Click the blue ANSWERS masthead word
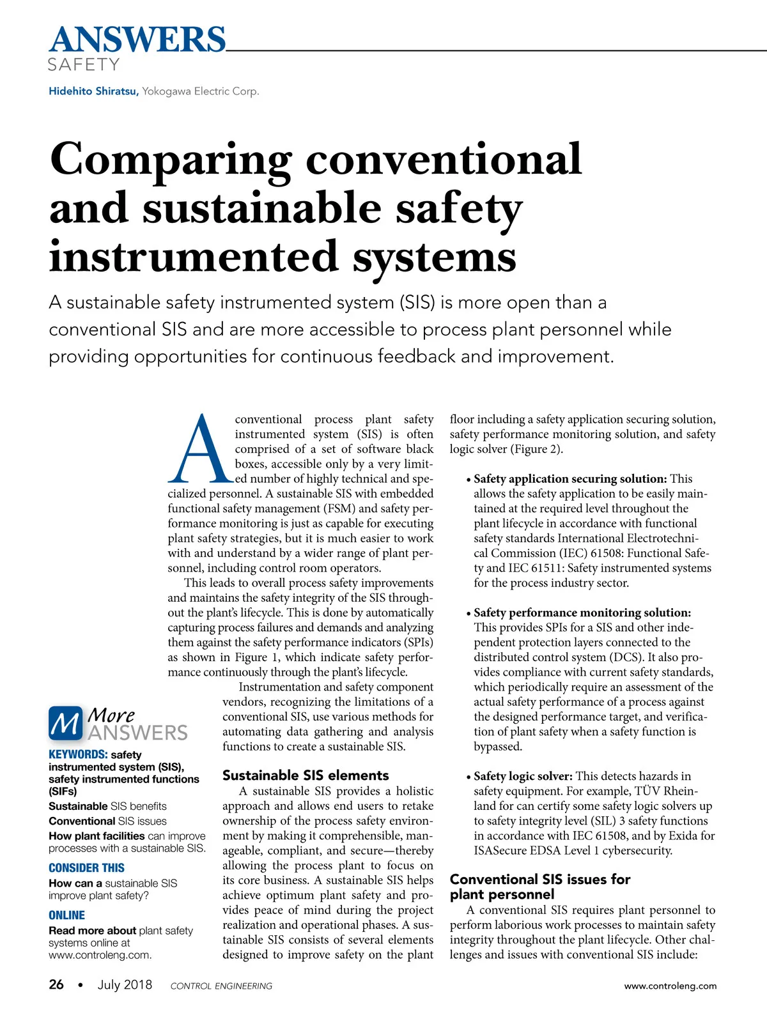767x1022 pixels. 137,40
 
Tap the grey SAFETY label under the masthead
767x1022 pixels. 84,65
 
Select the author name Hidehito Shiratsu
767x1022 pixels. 93,91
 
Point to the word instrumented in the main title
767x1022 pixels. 193,257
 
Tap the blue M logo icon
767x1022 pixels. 65,723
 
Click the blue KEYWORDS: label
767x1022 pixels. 77,754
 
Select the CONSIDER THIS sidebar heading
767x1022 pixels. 86,867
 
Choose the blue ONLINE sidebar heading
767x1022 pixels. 66,915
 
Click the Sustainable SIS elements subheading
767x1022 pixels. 306,775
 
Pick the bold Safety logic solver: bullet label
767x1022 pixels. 523,776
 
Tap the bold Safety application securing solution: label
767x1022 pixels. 570,478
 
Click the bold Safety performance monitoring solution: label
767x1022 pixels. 582,613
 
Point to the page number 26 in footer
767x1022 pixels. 56,984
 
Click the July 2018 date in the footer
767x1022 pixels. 125,984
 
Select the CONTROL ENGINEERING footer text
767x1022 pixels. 221,986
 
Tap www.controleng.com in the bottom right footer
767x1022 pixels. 670,986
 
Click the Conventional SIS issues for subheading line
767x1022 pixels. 540,880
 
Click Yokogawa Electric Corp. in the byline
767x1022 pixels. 201,91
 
